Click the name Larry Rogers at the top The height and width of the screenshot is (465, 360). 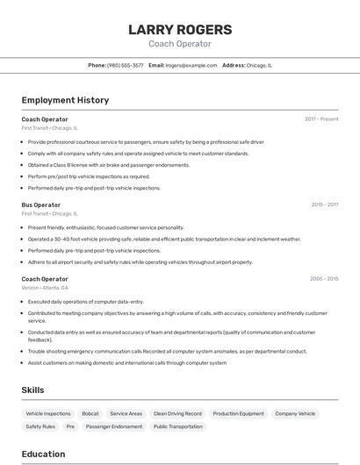click(180, 29)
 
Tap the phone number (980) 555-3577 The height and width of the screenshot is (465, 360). click(125, 65)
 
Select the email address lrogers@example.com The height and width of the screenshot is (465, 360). click(191, 65)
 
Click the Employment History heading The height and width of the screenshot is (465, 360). click(65, 100)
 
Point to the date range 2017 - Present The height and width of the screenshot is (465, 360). click(321, 118)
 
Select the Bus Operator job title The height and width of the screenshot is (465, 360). click(41, 204)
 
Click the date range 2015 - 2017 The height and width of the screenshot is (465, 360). click(325, 204)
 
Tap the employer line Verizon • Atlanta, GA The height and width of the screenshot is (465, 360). click(45, 288)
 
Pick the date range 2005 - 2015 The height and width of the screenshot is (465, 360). click(324, 279)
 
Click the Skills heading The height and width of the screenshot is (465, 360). click(33, 389)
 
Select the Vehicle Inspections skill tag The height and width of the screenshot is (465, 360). click(48, 413)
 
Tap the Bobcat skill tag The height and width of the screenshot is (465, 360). click(90, 413)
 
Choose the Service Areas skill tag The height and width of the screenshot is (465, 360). click(126, 413)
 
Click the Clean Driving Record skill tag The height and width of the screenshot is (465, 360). click(177, 413)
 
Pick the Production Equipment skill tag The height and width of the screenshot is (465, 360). click(238, 413)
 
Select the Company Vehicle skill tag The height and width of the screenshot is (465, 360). click(295, 413)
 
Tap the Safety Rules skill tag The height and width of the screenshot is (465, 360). click(40, 426)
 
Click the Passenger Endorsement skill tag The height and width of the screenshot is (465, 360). click(114, 426)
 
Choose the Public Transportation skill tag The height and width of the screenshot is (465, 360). click(178, 426)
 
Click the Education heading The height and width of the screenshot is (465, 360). click(43, 454)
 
